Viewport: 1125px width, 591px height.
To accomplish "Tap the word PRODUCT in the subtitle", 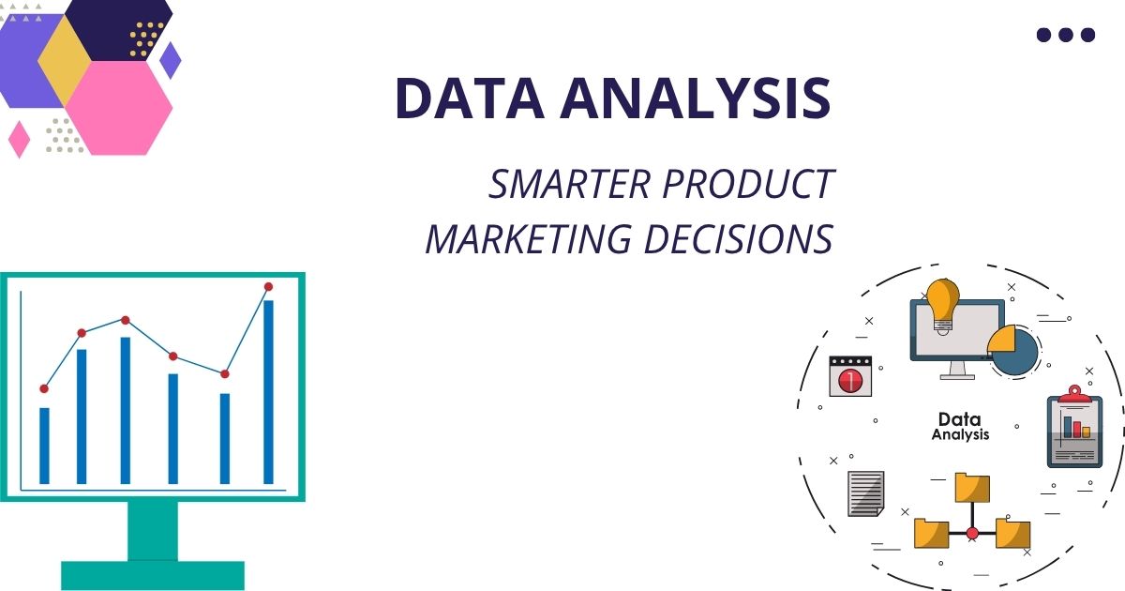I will tap(747, 185).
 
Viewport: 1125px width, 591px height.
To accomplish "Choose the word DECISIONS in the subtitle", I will tap(738, 239).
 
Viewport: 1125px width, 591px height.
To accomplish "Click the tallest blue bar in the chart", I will tap(268, 391).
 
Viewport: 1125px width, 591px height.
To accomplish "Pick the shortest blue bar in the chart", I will tap(44, 445).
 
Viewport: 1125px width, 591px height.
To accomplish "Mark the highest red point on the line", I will tap(268, 286).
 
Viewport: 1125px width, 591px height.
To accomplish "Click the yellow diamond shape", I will tap(64, 61).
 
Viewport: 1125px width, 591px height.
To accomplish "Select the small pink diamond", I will tap(19, 139).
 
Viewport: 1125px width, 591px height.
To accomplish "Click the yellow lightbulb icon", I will tap(942, 302).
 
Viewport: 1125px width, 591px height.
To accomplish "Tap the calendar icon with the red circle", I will tap(850, 375).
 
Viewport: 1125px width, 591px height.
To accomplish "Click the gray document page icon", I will tap(865, 492).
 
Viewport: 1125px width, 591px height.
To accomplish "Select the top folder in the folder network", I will tap(972, 488).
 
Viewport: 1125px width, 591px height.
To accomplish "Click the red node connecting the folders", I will tap(972, 533).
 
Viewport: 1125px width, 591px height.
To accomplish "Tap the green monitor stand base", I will tap(153, 574).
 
